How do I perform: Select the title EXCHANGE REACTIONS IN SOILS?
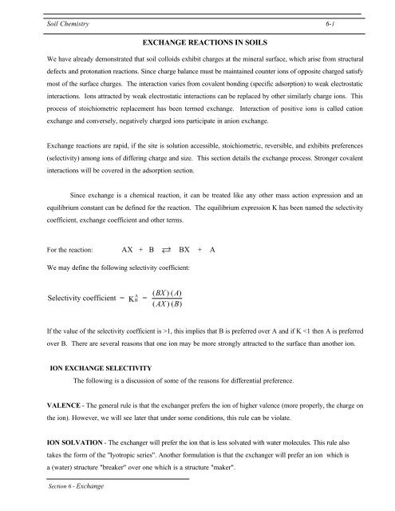(197, 40)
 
